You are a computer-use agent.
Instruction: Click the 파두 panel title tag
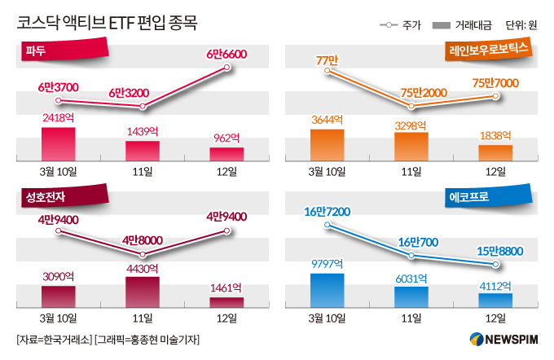click(64, 50)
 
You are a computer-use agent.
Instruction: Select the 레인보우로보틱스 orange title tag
click(488, 50)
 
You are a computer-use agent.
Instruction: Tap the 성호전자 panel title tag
click(64, 196)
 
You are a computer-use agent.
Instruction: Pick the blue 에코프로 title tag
click(488, 196)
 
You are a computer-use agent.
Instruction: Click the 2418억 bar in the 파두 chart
click(59, 144)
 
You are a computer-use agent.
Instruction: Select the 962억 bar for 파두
click(226, 155)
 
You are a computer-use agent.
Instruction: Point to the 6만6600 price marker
click(226, 67)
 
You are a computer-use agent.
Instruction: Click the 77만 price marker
click(328, 71)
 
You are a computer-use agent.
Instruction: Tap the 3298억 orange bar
click(411, 147)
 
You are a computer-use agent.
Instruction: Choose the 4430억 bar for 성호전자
click(143, 292)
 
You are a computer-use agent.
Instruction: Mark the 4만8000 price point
click(143, 254)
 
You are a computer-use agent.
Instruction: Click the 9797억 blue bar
click(328, 291)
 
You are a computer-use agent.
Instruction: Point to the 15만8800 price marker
click(495, 264)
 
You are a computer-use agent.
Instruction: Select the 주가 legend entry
click(400, 25)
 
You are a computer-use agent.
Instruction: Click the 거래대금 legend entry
click(462, 25)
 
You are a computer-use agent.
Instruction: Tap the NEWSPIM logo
click(503, 340)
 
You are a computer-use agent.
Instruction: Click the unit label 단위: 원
click(521, 25)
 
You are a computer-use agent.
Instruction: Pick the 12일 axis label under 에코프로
click(495, 318)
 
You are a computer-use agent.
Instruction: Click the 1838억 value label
click(495, 135)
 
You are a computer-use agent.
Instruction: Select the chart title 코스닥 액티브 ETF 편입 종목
click(107, 23)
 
